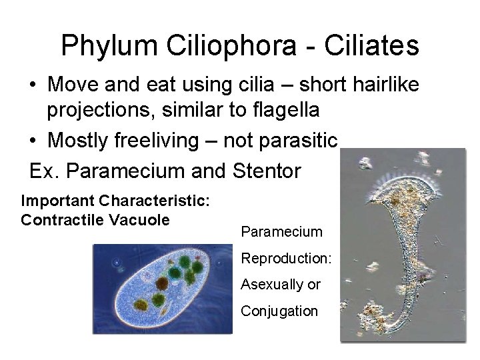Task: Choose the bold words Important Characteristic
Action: pos(117,201)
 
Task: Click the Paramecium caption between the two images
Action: pos(281,232)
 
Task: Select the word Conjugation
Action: pos(279,311)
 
